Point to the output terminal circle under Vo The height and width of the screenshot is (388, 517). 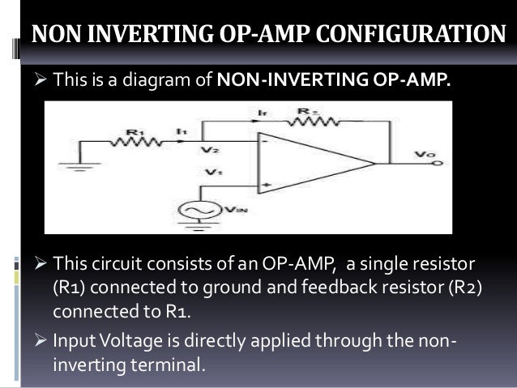438,164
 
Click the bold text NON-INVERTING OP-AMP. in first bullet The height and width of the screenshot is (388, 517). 333,82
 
